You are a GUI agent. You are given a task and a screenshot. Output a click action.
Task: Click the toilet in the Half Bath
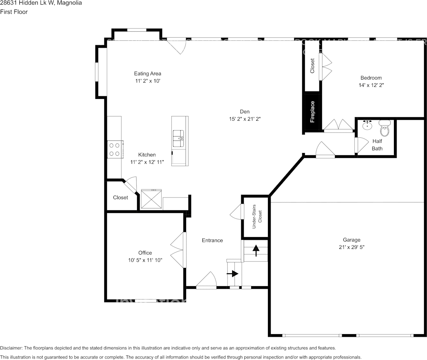pyautogui.click(x=385, y=129)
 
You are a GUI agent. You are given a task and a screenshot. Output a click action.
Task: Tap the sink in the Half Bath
pyautogui.click(x=368, y=126)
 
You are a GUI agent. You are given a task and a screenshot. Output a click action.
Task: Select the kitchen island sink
pyautogui.click(x=178, y=138)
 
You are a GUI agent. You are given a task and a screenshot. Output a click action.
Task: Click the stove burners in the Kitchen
pyautogui.click(x=115, y=149)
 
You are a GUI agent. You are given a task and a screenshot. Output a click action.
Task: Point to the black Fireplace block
pyautogui.click(x=312, y=113)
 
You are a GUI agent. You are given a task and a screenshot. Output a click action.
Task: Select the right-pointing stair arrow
pyautogui.click(x=233, y=273)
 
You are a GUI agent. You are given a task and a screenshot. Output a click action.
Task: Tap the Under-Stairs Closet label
pyautogui.click(x=258, y=217)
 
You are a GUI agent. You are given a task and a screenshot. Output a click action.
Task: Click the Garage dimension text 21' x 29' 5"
pyautogui.click(x=351, y=247)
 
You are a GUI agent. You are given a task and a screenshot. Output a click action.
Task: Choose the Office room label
pyautogui.click(x=145, y=253)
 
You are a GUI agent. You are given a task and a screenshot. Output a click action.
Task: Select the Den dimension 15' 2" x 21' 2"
pyautogui.click(x=244, y=119)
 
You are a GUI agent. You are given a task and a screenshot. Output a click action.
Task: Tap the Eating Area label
pyautogui.click(x=147, y=73)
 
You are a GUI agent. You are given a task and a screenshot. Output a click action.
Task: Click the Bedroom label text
pyautogui.click(x=371, y=78)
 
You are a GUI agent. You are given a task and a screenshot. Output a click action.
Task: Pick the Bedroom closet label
pyautogui.click(x=312, y=65)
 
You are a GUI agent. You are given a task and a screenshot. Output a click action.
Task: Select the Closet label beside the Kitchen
pyautogui.click(x=120, y=198)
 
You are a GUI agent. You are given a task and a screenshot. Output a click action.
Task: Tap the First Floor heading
pyautogui.click(x=14, y=12)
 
